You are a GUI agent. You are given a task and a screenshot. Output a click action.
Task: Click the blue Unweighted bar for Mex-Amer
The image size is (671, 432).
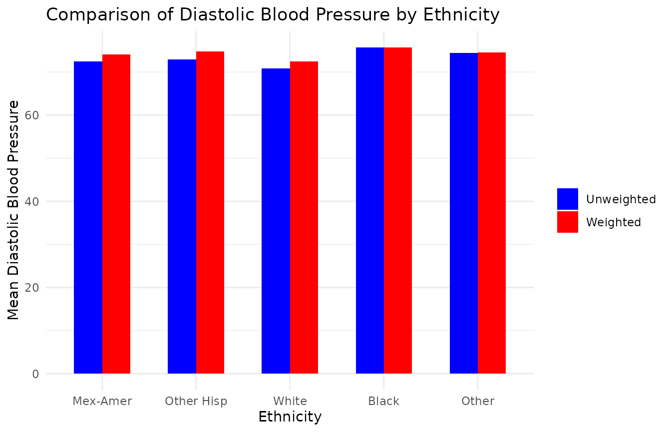pos(88,217)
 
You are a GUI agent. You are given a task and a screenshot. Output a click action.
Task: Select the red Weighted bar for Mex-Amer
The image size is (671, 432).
pos(116,214)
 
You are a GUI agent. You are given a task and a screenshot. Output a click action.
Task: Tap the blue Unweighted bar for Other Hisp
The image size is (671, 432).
pos(182,216)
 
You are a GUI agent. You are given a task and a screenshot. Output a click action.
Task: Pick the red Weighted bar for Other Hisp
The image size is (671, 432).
pos(210,212)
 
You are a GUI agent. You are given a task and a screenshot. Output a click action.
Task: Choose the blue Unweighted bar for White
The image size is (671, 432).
pos(276,221)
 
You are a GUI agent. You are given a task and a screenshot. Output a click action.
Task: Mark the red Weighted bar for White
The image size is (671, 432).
pos(304,217)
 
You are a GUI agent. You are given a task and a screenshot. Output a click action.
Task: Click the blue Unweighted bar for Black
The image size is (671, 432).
pos(370,210)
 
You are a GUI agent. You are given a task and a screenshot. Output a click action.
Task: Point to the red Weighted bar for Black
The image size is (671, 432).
pos(398,210)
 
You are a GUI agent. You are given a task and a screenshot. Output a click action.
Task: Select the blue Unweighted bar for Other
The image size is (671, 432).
pos(464,213)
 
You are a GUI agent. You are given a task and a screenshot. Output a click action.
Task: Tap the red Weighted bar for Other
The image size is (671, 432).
pos(492,213)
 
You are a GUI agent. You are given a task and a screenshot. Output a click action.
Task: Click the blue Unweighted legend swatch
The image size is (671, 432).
pos(568,199)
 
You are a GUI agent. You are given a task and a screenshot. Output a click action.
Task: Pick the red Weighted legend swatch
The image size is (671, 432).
pos(568,222)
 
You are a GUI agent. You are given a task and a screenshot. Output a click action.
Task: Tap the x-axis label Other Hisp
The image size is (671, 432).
pos(196,401)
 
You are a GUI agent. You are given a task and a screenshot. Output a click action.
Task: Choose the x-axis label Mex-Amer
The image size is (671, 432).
pos(102,401)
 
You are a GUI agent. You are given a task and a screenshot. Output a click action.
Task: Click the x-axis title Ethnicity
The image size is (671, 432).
pos(290,417)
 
